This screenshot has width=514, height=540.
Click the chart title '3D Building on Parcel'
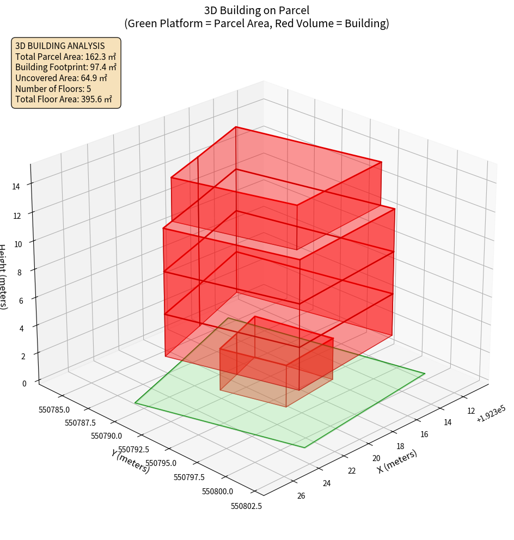257,10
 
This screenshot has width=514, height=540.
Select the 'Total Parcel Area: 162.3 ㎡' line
65,57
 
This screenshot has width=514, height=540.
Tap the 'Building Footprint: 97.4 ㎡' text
66,67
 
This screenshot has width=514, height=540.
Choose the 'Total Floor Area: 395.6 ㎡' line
64,99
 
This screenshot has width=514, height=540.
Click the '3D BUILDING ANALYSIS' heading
60,46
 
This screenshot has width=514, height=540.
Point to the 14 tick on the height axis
16,186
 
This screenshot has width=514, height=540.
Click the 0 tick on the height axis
24,383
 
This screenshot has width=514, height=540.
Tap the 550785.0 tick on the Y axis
54,409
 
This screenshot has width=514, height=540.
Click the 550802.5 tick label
246,506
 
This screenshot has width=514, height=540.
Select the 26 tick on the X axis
301,495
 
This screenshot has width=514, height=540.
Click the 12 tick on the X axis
472,411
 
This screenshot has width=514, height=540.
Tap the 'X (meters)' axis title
397,461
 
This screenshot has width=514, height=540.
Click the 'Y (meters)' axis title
131,461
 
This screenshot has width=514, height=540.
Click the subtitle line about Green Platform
257,23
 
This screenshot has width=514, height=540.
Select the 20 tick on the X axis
376,458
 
